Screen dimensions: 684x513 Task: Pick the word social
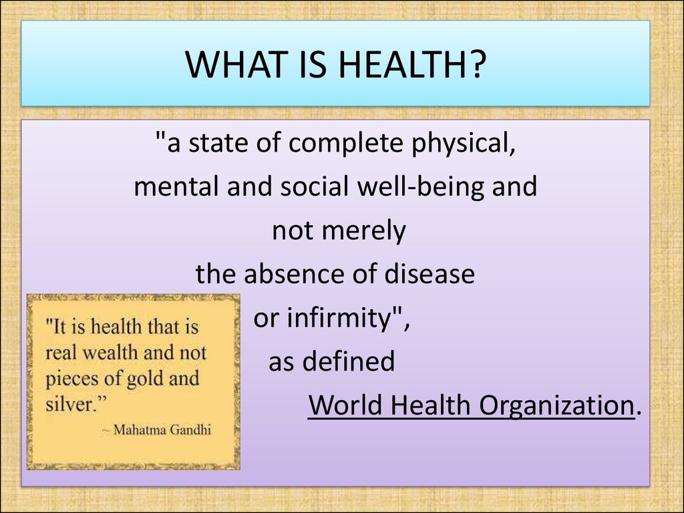314,186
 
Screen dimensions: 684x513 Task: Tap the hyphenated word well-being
420,187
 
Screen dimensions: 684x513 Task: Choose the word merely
365,232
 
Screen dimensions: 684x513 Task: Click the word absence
287,274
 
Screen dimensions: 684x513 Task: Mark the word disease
430,274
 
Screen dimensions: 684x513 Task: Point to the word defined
349,361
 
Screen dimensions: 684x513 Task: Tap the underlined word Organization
556,405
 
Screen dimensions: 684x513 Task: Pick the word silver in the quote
70,404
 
